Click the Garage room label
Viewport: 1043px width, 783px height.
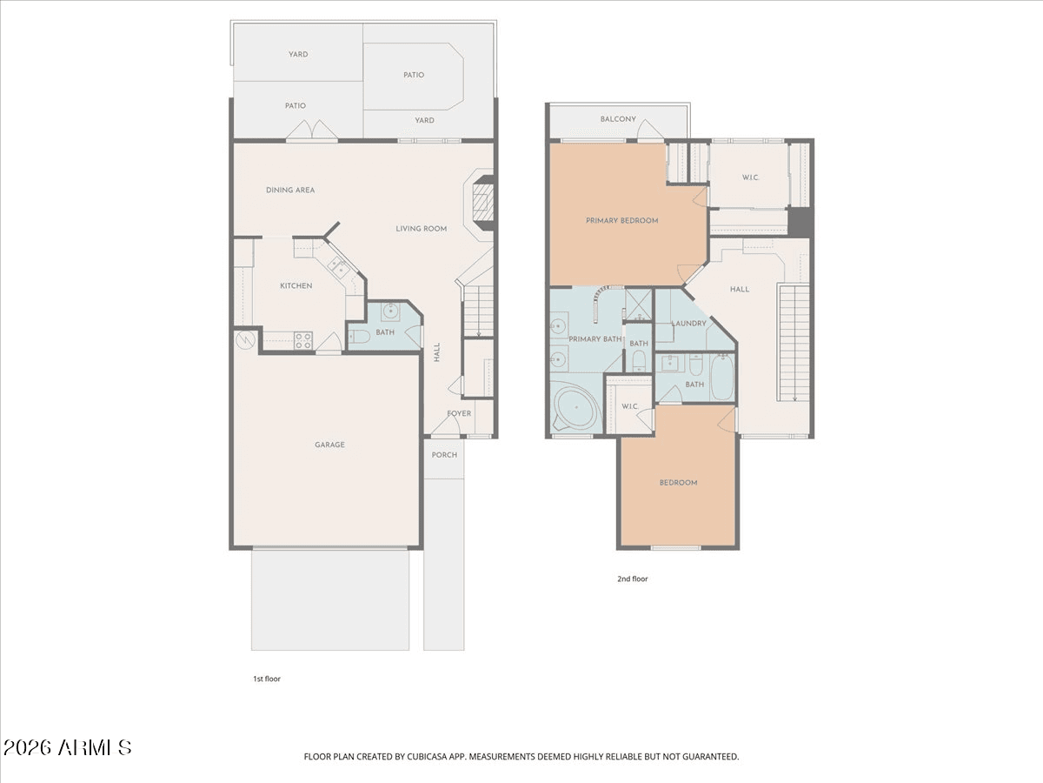[x=329, y=445]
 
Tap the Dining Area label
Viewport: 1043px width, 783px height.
[x=289, y=191]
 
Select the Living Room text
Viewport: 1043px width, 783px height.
[x=421, y=229]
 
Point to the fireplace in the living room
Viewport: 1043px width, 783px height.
[x=481, y=202]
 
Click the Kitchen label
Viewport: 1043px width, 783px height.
[x=296, y=285]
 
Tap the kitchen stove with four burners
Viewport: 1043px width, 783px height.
[x=303, y=340]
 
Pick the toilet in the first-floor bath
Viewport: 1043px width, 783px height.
[x=359, y=337]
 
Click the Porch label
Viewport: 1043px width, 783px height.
[x=444, y=455]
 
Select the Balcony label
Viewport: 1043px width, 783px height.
[x=618, y=119]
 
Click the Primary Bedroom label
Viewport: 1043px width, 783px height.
[x=621, y=221]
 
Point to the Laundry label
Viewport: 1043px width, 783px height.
[x=688, y=324]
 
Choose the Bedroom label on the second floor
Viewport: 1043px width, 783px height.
[x=678, y=483]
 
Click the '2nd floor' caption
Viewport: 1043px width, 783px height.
[x=633, y=579]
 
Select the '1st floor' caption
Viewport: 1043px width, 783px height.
[x=267, y=679]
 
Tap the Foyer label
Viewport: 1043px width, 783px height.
[x=459, y=413]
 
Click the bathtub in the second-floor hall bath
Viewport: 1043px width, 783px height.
[x=722, y=378]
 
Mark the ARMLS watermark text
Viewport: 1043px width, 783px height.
[x=67, y=748]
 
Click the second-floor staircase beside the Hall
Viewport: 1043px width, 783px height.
[x=794, y=342]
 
